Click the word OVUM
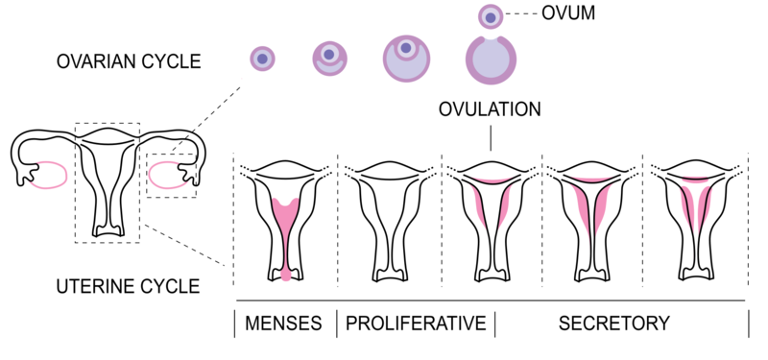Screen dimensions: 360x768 click(x=569, y=14)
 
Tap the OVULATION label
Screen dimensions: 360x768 click(x=490, y=109)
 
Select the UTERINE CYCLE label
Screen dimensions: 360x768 click(x=128, y=285)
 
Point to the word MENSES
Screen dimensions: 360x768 click(x=284, y=323)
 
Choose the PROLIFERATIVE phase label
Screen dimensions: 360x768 click(x=415, y=323)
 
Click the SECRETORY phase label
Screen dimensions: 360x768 click(x=614, y=323)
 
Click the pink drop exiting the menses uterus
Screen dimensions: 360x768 click(x=286, y=276)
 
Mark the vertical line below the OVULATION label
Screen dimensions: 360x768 click(x=491, y=136)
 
